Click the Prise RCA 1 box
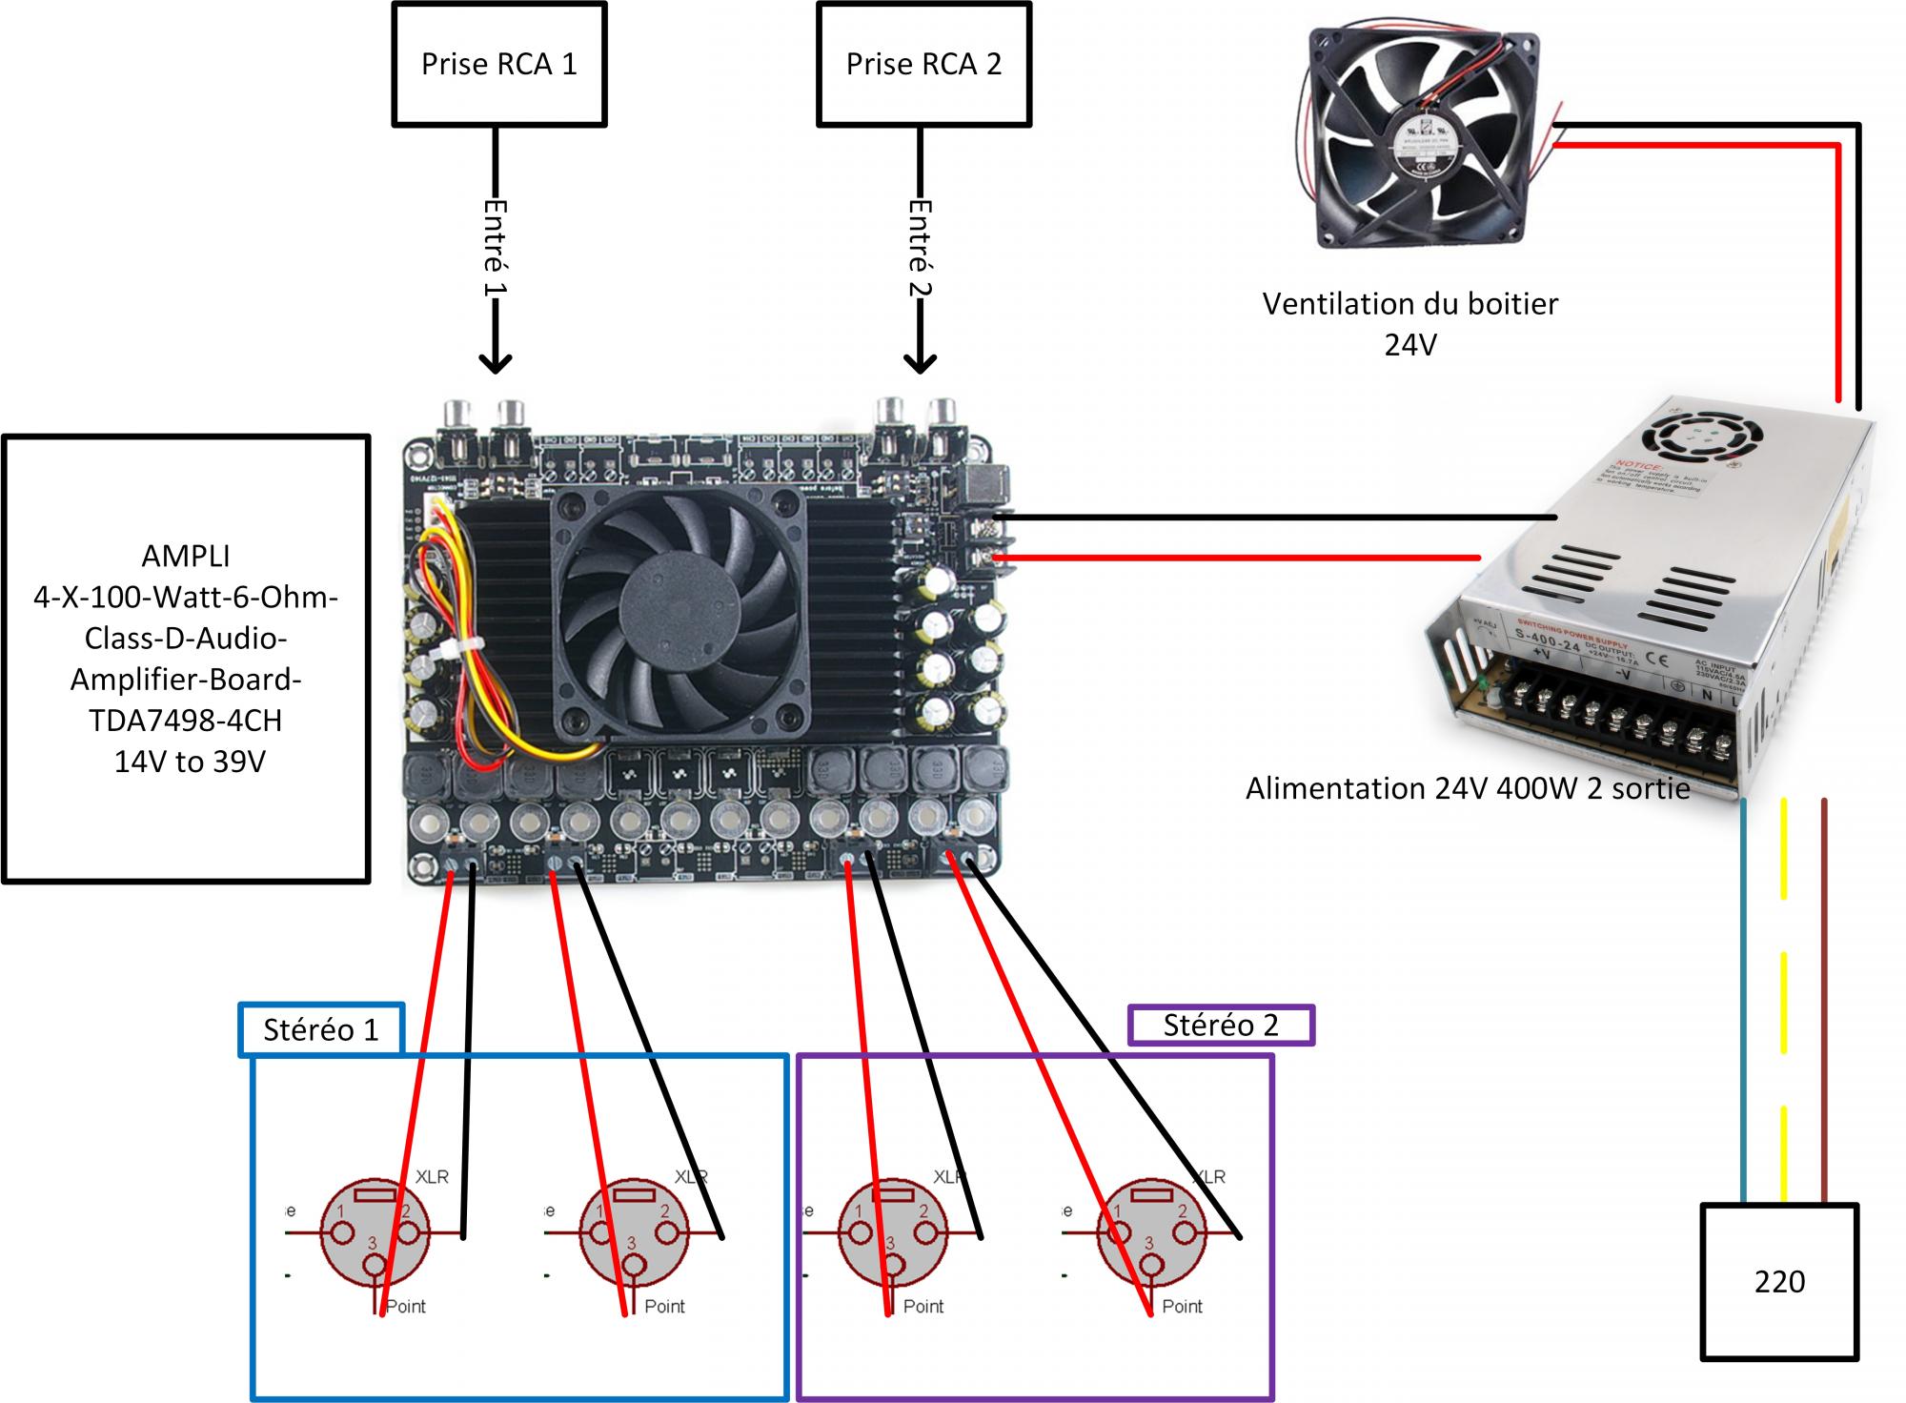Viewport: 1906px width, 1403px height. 498,64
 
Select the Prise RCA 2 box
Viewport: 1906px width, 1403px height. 923,64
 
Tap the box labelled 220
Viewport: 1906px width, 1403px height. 1779,1281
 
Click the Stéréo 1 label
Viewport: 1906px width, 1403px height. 320,1030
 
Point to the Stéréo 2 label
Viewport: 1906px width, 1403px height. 1220,1026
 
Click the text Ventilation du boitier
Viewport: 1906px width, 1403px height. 1409,304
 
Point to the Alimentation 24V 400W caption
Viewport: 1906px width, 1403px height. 1468,788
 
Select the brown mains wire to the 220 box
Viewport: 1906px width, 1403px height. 1824,1001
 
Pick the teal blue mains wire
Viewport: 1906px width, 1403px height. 1743,1001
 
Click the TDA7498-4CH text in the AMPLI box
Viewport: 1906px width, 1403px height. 186,721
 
